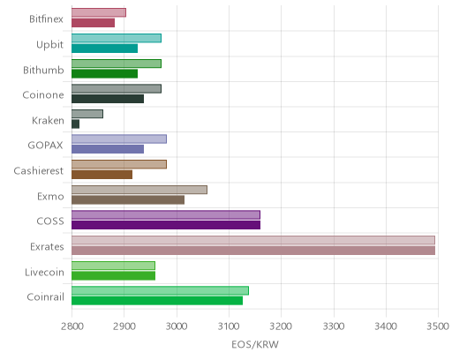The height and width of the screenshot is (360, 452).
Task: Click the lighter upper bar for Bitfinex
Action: point(99,12)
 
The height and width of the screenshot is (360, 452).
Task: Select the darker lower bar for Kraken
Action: point(75,124)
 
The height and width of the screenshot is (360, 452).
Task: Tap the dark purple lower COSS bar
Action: point(166,225)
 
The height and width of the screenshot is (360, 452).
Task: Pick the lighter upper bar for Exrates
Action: point(253,240)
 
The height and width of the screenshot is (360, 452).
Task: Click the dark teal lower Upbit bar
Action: point(104,49)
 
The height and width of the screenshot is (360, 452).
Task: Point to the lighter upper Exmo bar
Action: point(139,190)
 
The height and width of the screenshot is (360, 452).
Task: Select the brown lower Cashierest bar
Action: point(102,175)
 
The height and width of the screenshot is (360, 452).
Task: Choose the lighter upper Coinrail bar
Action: point(160,290)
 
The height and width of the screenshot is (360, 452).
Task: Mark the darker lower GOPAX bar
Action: point(108,149)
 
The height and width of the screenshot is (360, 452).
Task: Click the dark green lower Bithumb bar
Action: point(104,74)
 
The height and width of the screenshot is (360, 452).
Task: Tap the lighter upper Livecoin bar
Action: point(113,266)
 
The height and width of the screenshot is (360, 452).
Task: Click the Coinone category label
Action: point(43,95)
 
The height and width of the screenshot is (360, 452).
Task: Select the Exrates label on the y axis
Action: point(47,246)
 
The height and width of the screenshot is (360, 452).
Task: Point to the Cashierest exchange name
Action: point(39,170)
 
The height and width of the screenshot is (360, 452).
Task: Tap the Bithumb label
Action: point(43,70)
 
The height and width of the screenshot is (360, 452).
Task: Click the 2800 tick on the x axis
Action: point(72,326)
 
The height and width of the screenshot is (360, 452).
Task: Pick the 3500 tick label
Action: point(438,326)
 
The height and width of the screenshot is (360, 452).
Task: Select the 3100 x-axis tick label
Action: point(229,326)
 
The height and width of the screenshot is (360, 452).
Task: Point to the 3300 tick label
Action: point(334,326)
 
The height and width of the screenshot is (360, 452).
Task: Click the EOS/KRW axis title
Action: point(255,344)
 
